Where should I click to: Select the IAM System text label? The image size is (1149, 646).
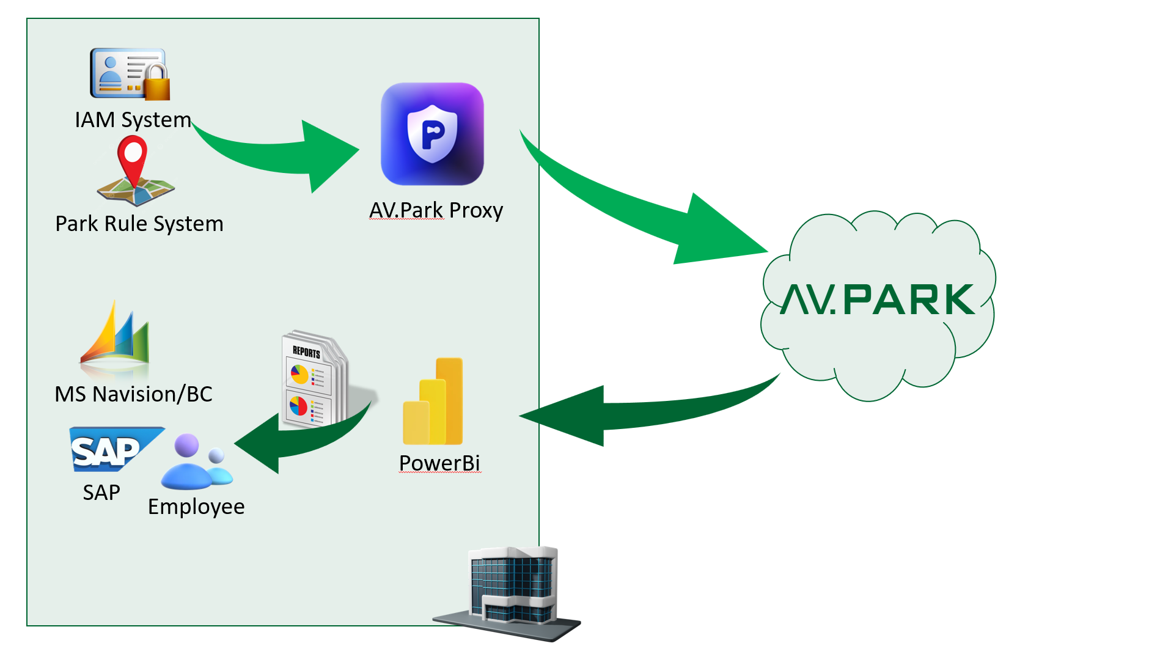(x=133, y=120)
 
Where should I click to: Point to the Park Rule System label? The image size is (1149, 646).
(x=139, y=224)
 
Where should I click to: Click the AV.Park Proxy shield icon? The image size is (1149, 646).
(x=432, y=134)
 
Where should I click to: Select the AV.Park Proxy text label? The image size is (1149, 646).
(x=436, y=210)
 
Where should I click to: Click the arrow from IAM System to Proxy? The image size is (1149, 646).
(x=287, y=156)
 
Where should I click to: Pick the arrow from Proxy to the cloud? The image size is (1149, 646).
(x=660, y=214)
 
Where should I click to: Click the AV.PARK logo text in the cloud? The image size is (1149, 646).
(x=878, y=299)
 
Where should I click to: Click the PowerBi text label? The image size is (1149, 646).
(x=439, y=463)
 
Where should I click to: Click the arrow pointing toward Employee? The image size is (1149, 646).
(x=293, y=440)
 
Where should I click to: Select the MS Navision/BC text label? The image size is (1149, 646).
(x=133, y=394)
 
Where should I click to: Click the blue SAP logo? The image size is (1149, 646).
(x=110, y=450)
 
